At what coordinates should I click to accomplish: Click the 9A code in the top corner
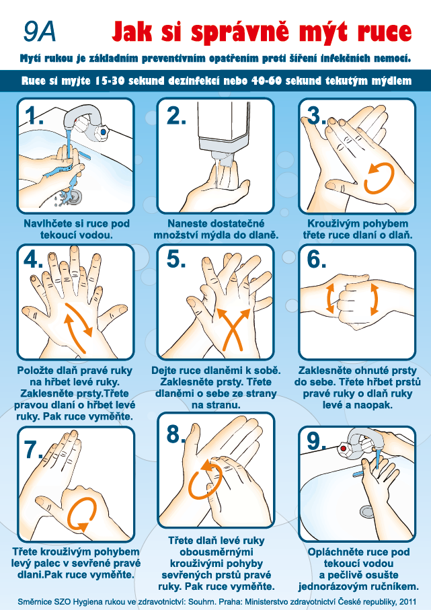click(x=39, y=32)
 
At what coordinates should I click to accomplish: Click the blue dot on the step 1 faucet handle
click(x=103, y=132)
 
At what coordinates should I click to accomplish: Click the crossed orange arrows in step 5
click(x=233, y=329)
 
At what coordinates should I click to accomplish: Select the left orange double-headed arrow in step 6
click(x=330, y=299)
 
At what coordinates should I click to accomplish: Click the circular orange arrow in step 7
click(x=81, y=514)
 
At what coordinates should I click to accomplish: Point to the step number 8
click(x=175, y=434)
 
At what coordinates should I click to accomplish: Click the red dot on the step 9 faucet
click(x=344, y=449)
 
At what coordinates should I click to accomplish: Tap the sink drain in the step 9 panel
click(x=367, y=510)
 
